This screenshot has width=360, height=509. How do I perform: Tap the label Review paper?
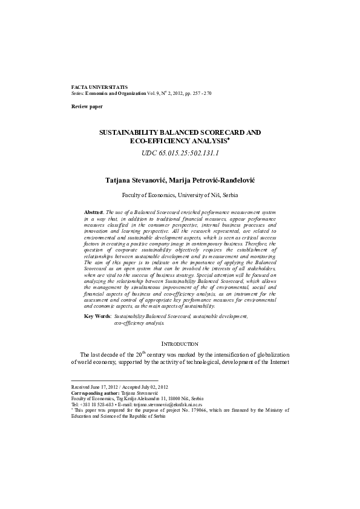[x=87, y=106]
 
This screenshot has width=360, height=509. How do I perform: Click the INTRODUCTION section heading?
[x=180, y=343]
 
